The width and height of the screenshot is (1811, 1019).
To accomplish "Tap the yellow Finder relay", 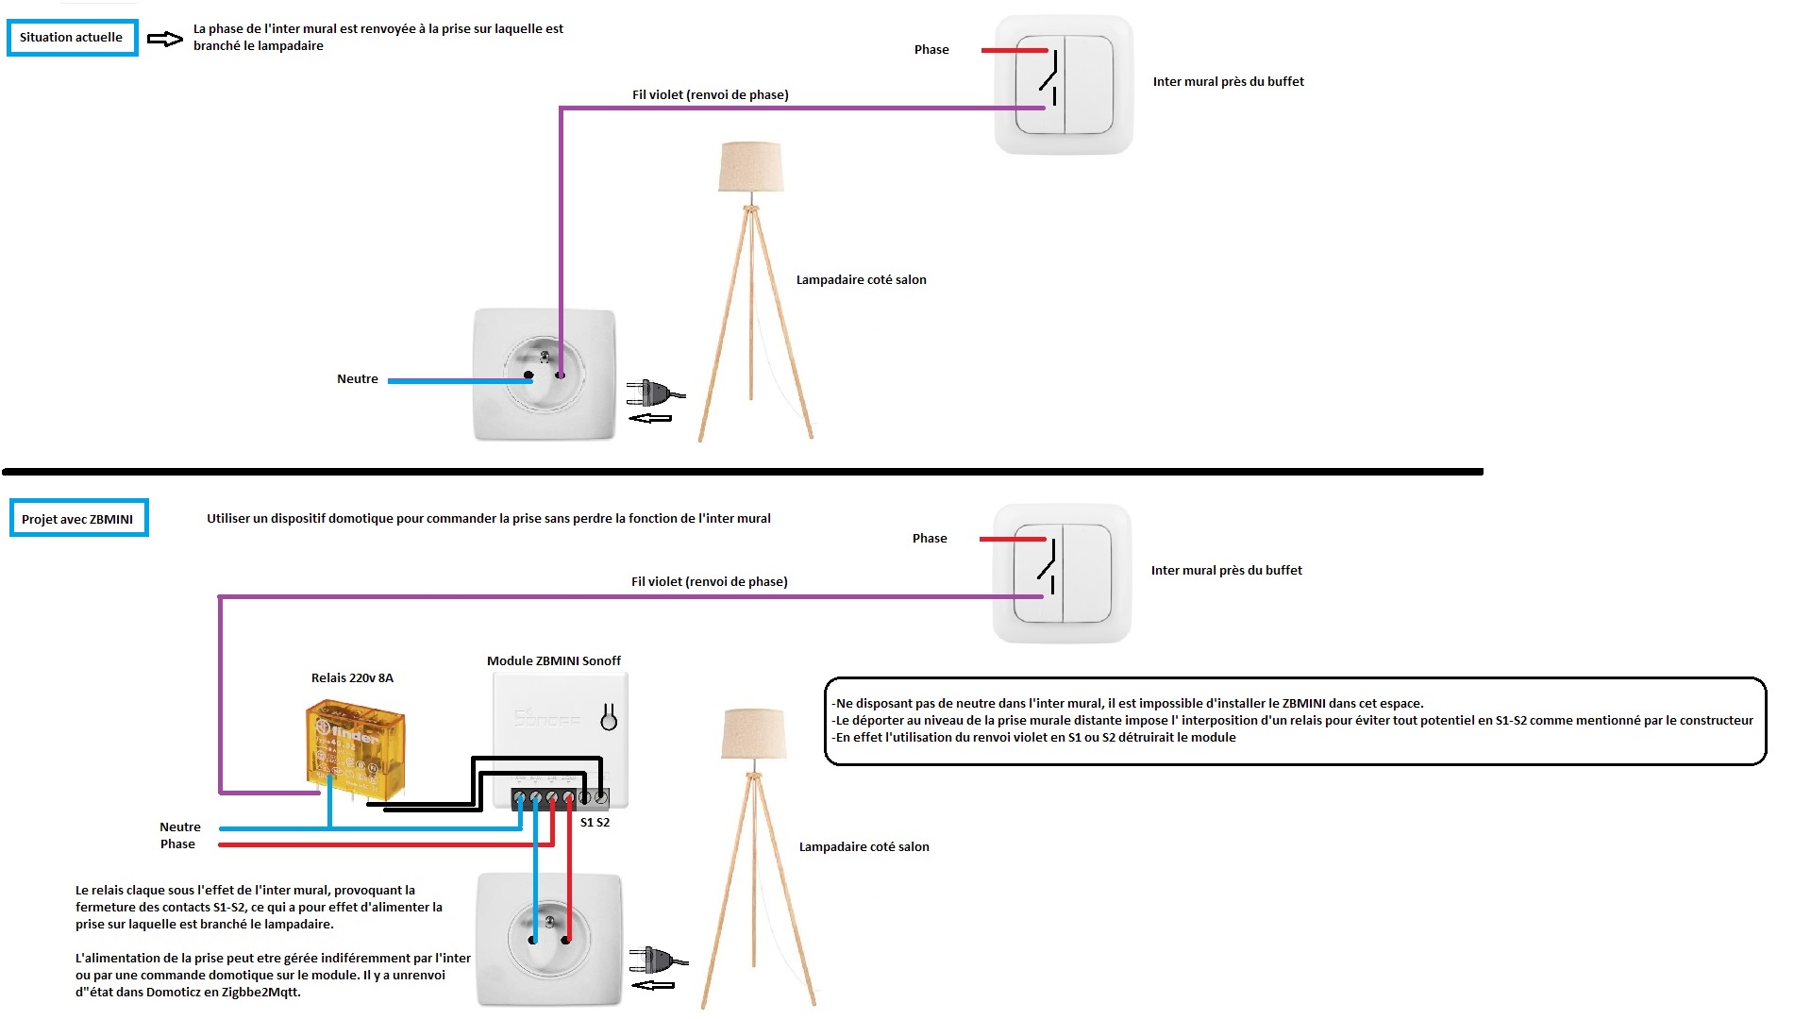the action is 356,751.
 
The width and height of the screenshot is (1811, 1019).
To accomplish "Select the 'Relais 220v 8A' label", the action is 352,677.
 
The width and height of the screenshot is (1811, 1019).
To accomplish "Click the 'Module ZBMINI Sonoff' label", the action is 554,660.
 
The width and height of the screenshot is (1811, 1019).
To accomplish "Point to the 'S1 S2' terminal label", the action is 595,822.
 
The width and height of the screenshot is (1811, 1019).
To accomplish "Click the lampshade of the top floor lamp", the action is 751,167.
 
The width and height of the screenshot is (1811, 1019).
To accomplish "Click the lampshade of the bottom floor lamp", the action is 753,733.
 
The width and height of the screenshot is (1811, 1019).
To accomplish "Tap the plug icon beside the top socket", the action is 656,393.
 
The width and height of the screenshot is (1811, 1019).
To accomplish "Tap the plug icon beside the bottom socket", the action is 659,961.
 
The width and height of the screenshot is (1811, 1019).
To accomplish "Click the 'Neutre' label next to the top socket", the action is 358,378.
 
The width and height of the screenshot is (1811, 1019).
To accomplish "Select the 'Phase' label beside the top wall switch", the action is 931,49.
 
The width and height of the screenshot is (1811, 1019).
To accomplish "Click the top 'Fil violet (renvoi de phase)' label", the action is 711,94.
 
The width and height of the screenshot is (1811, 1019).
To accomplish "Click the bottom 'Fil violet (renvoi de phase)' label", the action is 710,581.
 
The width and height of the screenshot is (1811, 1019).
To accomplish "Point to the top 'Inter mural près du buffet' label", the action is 1229,81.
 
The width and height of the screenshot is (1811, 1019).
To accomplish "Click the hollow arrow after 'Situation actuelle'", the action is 165,39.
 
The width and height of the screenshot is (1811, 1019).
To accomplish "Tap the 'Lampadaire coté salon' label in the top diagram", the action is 862,279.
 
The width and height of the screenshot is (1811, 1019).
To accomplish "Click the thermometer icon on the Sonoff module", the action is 609,717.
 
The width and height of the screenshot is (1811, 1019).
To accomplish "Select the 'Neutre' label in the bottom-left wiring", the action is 180,827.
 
